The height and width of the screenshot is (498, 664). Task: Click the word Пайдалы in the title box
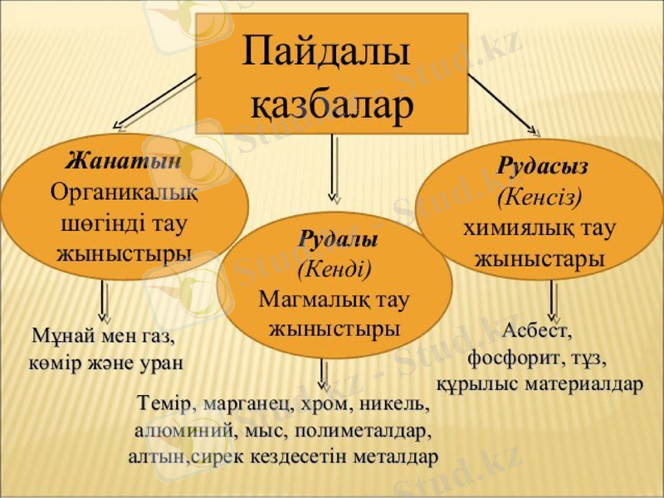(x=326, y=54)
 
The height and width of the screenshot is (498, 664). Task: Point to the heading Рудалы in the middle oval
(x=338, y=240)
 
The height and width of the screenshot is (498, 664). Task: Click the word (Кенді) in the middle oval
(x=334, y=268)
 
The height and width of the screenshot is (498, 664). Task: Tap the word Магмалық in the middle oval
(x=305, y=297)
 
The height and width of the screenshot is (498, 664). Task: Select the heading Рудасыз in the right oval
(x=543, y=166)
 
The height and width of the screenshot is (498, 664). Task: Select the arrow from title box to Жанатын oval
(x=158, y=103)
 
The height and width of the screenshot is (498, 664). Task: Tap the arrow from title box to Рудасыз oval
(x=502, y=104)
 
